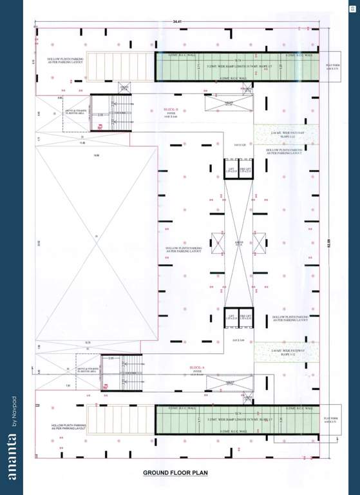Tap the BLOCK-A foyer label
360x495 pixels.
point(197,369)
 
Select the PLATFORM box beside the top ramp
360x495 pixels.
point(332,66)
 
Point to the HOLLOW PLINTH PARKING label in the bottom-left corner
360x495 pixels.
point(68,427)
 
